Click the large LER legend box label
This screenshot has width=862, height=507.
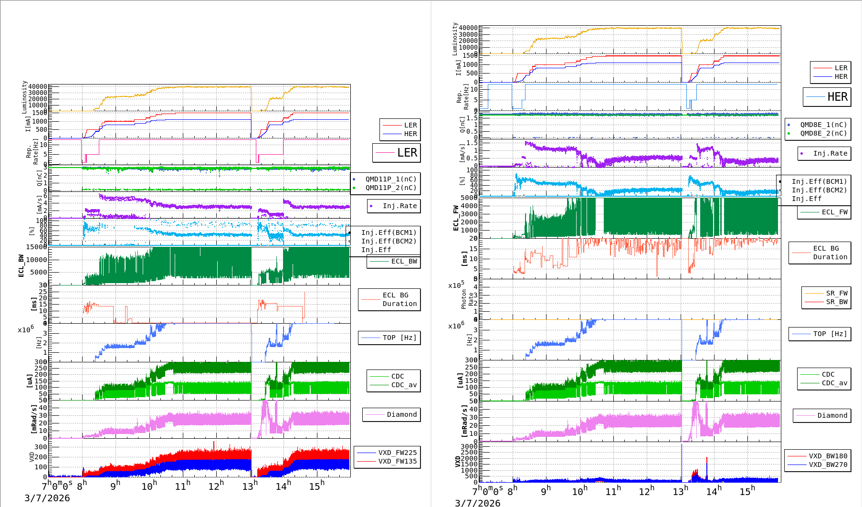[407, 153]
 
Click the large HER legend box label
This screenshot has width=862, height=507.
[837, 97]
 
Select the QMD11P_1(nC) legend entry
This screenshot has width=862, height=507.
[390, 179]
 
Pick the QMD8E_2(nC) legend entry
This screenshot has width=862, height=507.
[823, 133]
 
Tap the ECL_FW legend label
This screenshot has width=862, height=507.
[834, 212]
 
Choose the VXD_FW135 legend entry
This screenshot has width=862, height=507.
[397, 461]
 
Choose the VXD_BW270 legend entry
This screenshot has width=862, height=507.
[828, 465]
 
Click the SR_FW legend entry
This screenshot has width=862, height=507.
[836, 293]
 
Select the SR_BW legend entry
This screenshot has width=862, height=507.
[836, 302]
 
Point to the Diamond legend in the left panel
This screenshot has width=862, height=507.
[401, 414]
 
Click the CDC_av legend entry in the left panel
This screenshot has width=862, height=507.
[404, 385]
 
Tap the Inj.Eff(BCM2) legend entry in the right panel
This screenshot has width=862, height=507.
[819, 190]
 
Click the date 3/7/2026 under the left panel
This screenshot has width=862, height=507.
[47, 498]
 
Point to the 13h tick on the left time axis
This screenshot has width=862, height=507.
[250, 486]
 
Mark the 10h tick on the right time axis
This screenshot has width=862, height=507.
[579, 491]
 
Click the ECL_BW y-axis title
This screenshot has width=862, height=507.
[21, 266]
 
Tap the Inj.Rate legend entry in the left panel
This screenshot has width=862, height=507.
[399, 206]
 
